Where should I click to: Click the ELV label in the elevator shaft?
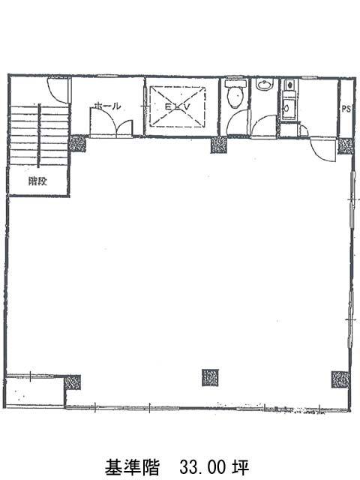pyautogui.click(x=178, y=106)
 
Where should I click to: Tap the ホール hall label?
pyautogui.click(x=107, y=106)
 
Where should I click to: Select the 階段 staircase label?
pyautogui.click(x=37, y=181)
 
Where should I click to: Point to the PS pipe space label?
pyautogui.click(x=346, y=109)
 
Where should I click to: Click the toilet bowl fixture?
pyautogui.click(x=235, y=94)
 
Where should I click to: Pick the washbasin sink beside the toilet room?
pyautogui.click(x=265, y=85)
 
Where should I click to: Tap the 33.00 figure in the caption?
pyautogui.click(x=202, y=467)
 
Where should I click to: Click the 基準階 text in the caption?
pyautogui.click(x=133, y=467)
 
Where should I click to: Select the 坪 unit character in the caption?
pyautogui.click(x=241, y=467)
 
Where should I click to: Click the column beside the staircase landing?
pyautogui.click(x=77, y=143)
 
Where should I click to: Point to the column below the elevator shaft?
pyautogui.click(x=219, y=145)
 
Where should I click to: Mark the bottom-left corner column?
pyautogui.click(x=72, y=382)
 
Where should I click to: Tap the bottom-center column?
pyautogui.click(x=210, y=377)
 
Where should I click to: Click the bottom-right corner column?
pyautogui.click(x=340, y=379)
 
